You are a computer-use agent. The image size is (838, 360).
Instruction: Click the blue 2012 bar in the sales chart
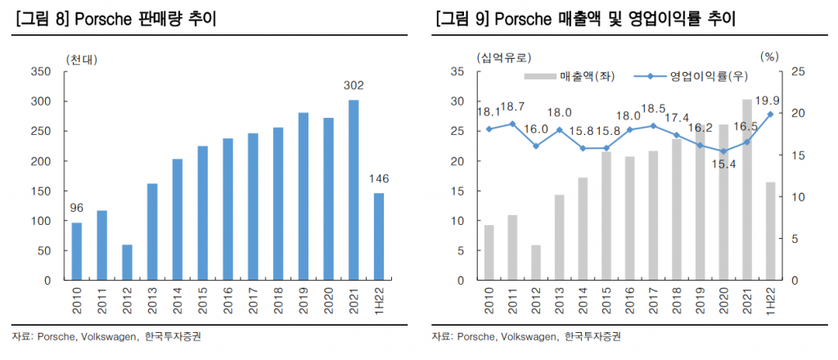click(127, 262)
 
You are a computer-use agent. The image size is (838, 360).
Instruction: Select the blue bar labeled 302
click(354, 190)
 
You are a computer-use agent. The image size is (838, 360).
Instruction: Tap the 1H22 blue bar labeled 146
click(378, 236)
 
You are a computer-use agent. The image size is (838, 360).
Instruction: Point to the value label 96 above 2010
click(76, 208)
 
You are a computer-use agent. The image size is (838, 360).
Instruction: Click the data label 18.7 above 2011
click(513, 107)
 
